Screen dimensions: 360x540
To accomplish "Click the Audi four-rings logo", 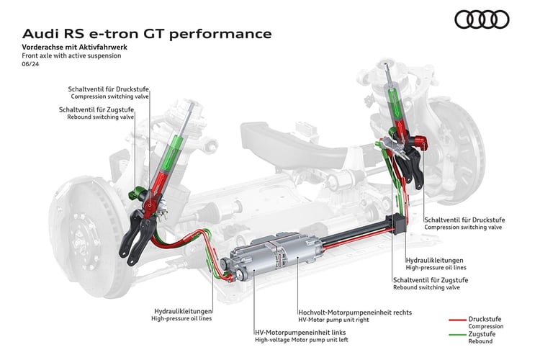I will click(482, 19).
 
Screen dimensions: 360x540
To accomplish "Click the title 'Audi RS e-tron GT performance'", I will click(148, 34).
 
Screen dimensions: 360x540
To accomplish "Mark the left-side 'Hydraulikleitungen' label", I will click(181, 310).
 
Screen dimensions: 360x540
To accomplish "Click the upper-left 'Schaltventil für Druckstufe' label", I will click(109, 89).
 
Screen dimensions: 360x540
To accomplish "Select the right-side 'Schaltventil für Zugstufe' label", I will click(431, 279).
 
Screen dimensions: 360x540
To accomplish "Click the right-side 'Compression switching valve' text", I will click(462, 228).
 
